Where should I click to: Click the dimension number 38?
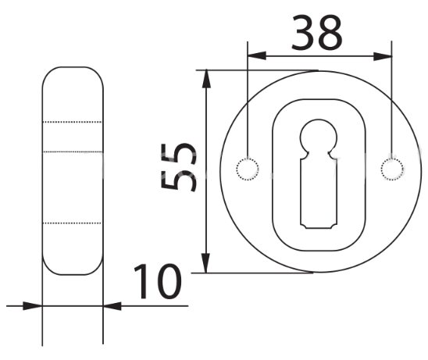316,33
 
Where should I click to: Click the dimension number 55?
178,167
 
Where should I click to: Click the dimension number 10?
158,281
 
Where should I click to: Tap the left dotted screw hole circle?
248,169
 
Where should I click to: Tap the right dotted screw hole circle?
392,169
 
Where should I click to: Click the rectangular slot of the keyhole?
319,193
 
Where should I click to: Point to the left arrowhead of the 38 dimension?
257,56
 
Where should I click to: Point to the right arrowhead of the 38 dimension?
383,56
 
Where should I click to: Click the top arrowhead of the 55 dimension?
206,79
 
